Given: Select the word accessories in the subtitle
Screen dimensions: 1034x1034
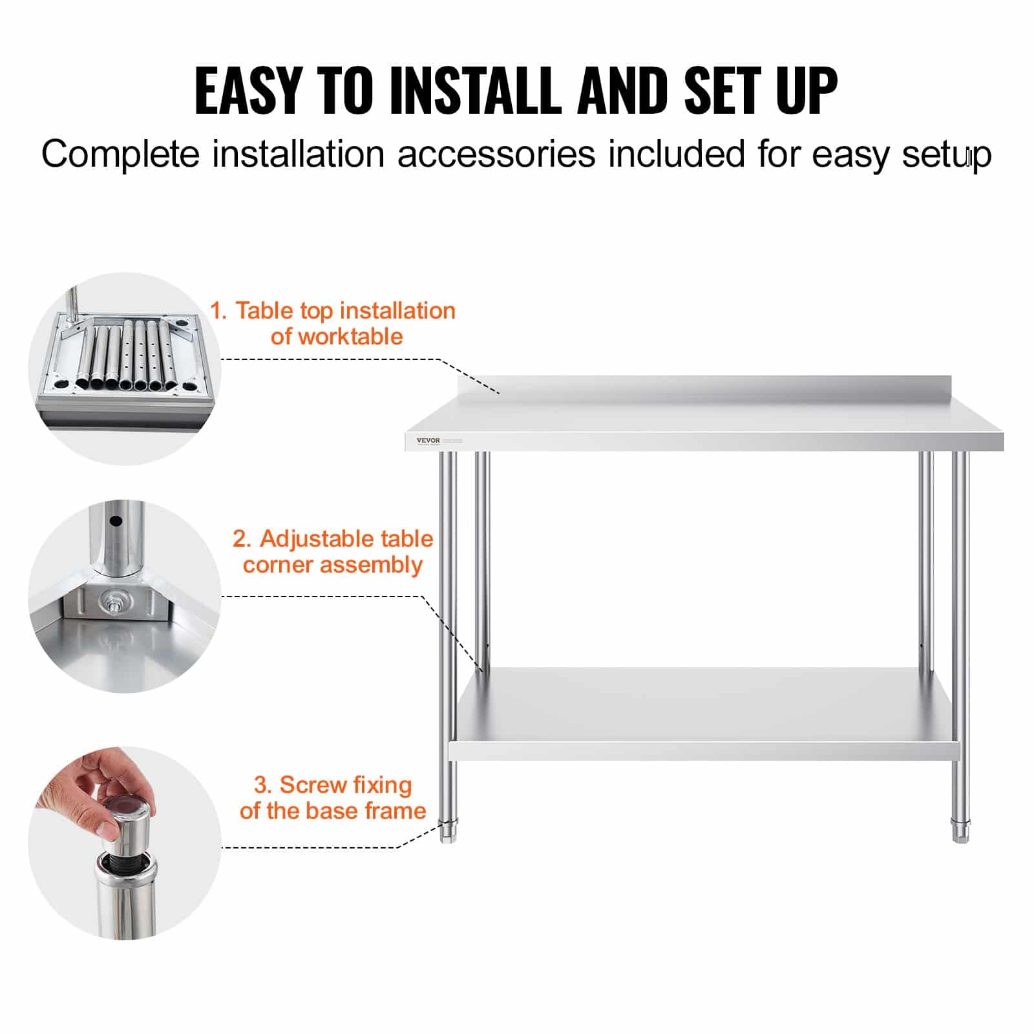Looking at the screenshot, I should coord(496,155).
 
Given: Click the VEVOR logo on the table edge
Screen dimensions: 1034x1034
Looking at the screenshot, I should coord(428,441).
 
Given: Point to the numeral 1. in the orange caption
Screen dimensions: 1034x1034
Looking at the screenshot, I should coord(218,311).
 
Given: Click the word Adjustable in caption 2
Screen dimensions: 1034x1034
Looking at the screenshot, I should coord(314,539).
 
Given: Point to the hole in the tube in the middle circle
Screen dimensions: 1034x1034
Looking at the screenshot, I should coord(116,521).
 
